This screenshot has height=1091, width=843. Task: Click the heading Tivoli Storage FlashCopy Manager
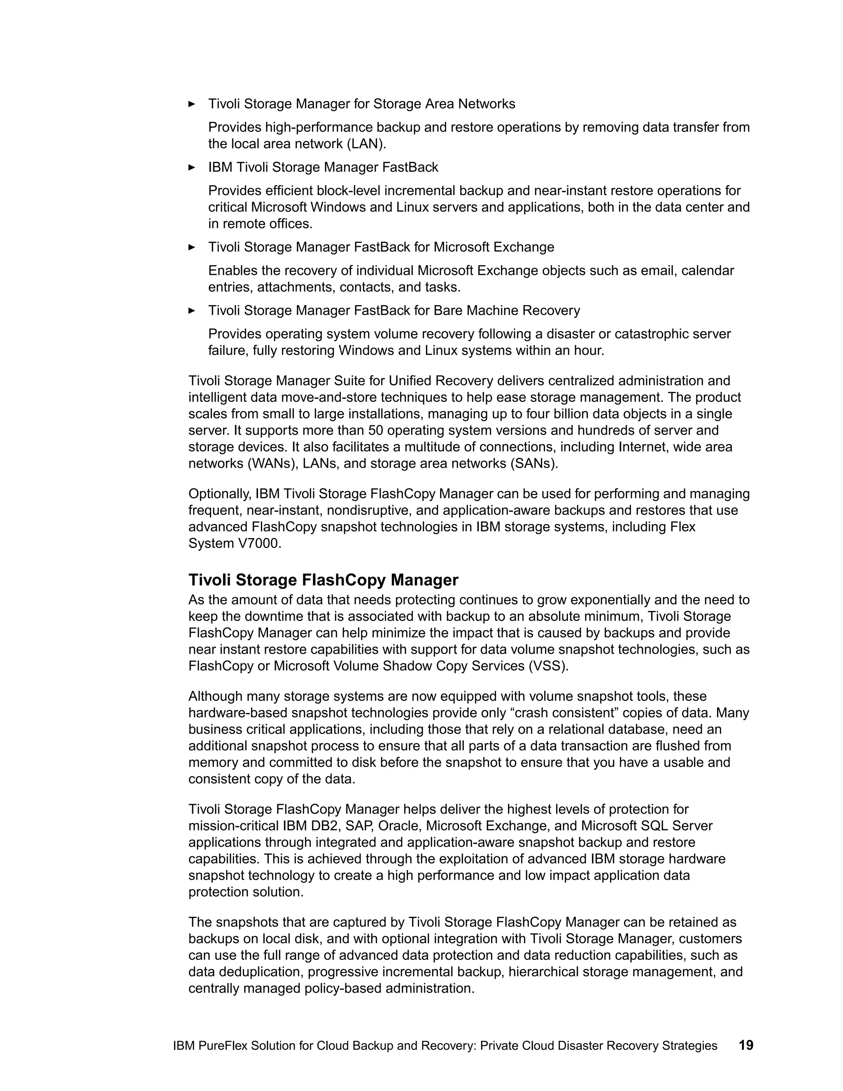[323, 580]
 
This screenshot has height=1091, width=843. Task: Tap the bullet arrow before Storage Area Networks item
[192, 104]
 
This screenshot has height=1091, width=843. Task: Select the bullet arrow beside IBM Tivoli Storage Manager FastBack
[192, 167]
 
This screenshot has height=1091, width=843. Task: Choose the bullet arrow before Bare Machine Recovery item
[192, 311]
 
